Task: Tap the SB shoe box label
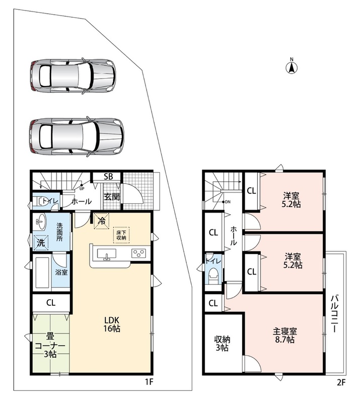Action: [x=108, y=177]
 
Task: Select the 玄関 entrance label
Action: [x=111, y=197]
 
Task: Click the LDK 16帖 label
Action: [x=112, y=324]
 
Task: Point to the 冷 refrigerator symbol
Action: [x=102, y=221]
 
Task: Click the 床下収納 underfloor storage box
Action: [x=121, y=235]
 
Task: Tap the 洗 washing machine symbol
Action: [x=41, y=243]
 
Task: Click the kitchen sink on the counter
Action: [x=106, y=254]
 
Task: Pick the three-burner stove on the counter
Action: [x=139, y=253]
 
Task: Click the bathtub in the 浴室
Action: [x=42, y=273]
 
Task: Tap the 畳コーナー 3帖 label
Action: [x=50, y=345]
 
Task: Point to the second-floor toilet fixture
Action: [x=213, y=276]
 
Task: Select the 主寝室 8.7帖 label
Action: [x=284, y=335]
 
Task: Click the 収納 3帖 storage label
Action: [x=222, y=344]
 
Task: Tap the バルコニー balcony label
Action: [x=334, y=314]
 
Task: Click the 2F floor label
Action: [x=340, y=382]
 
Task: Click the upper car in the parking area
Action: [x=72, y=76]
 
